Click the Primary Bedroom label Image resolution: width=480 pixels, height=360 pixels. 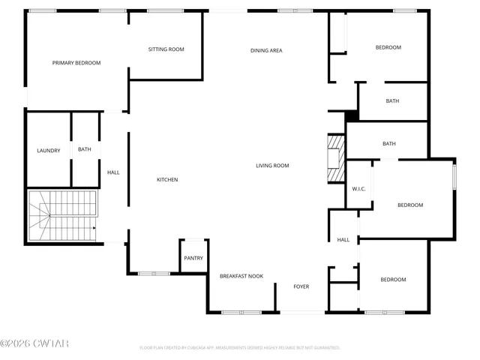pos(76,63)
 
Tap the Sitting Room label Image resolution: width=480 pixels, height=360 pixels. pos(166,49)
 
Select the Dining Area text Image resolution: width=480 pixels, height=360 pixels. pos(266,50)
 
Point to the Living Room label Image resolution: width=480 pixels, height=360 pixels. pos(272,166)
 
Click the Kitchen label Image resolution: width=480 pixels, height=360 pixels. pos(167,179)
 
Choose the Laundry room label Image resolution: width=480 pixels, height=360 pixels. pos(49,151)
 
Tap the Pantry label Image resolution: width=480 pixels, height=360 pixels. pos(193,258)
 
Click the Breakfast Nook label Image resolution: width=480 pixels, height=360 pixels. pos(241,277)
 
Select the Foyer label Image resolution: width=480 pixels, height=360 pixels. pos(301,286)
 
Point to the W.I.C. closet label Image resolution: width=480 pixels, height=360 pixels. pos(358,188)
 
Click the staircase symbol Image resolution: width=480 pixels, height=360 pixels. pos(63,216)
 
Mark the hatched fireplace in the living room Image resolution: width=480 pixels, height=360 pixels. pos(335,159)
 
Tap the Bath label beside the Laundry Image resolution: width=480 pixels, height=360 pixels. pos(85,149)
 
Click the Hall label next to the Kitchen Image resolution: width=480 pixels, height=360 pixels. pos(113,172)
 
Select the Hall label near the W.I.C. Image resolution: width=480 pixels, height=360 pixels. pos(343,240)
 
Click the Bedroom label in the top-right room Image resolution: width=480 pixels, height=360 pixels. pos(388,47)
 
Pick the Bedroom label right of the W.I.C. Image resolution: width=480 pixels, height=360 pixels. pos(410,205)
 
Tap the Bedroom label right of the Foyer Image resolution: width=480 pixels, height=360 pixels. pos(393,280)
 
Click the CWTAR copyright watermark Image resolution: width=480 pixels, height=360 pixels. pos(34,343)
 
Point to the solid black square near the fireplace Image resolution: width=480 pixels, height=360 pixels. pos(351,115)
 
